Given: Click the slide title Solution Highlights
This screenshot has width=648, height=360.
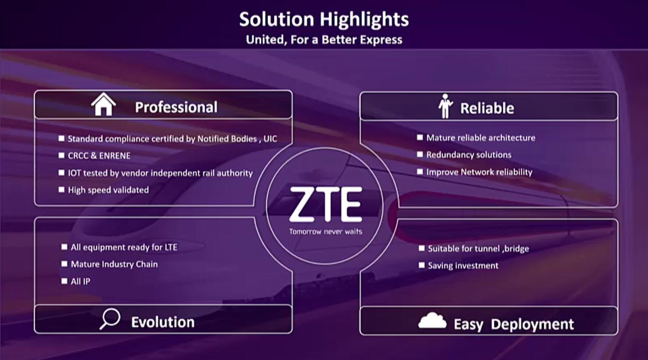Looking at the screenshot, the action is point(324,19).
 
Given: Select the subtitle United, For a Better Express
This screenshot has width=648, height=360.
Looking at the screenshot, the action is point(324,40).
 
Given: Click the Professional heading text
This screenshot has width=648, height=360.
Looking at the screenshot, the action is point(176,107).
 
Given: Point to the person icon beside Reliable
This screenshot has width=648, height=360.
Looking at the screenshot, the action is point(445,106).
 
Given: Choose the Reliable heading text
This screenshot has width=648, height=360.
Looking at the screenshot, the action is point(487,108).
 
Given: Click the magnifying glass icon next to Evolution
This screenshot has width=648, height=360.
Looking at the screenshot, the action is point(110,319).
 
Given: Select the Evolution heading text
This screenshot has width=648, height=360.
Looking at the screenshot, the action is point(163,322).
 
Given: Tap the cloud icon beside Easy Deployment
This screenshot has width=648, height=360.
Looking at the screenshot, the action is point(432,321).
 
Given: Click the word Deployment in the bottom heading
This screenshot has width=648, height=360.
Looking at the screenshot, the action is point(532,324).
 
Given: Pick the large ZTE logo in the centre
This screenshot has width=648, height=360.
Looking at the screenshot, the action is point(326,204).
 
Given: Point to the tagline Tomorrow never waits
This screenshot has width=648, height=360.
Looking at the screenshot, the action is point(326,231).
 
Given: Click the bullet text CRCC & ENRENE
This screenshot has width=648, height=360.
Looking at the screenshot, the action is point(99,156).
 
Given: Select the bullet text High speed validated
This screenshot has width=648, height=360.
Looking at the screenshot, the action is point(108,190).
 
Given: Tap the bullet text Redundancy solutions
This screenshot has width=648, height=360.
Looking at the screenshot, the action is point(469,155).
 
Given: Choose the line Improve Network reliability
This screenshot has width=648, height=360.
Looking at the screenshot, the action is point(479,172).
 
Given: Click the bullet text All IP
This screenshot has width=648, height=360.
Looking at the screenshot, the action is point(80,281).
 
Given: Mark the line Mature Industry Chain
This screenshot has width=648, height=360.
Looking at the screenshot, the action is point(114,264).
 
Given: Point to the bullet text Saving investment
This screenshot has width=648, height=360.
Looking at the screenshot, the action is point(463,265).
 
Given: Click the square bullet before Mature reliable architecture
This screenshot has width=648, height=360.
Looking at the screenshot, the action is point(420,138).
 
